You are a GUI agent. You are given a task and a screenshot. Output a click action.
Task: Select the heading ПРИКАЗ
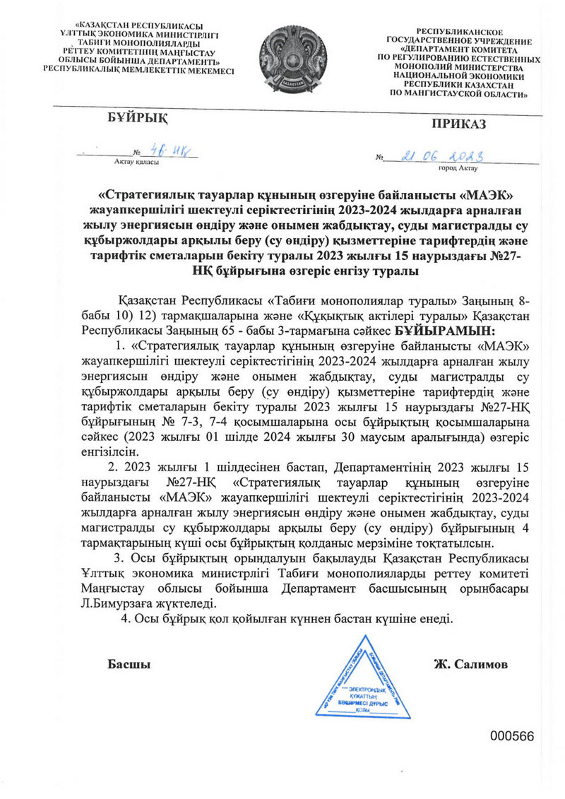tap(459, 125)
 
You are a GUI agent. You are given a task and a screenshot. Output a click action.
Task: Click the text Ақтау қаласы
tap(136, 162)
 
